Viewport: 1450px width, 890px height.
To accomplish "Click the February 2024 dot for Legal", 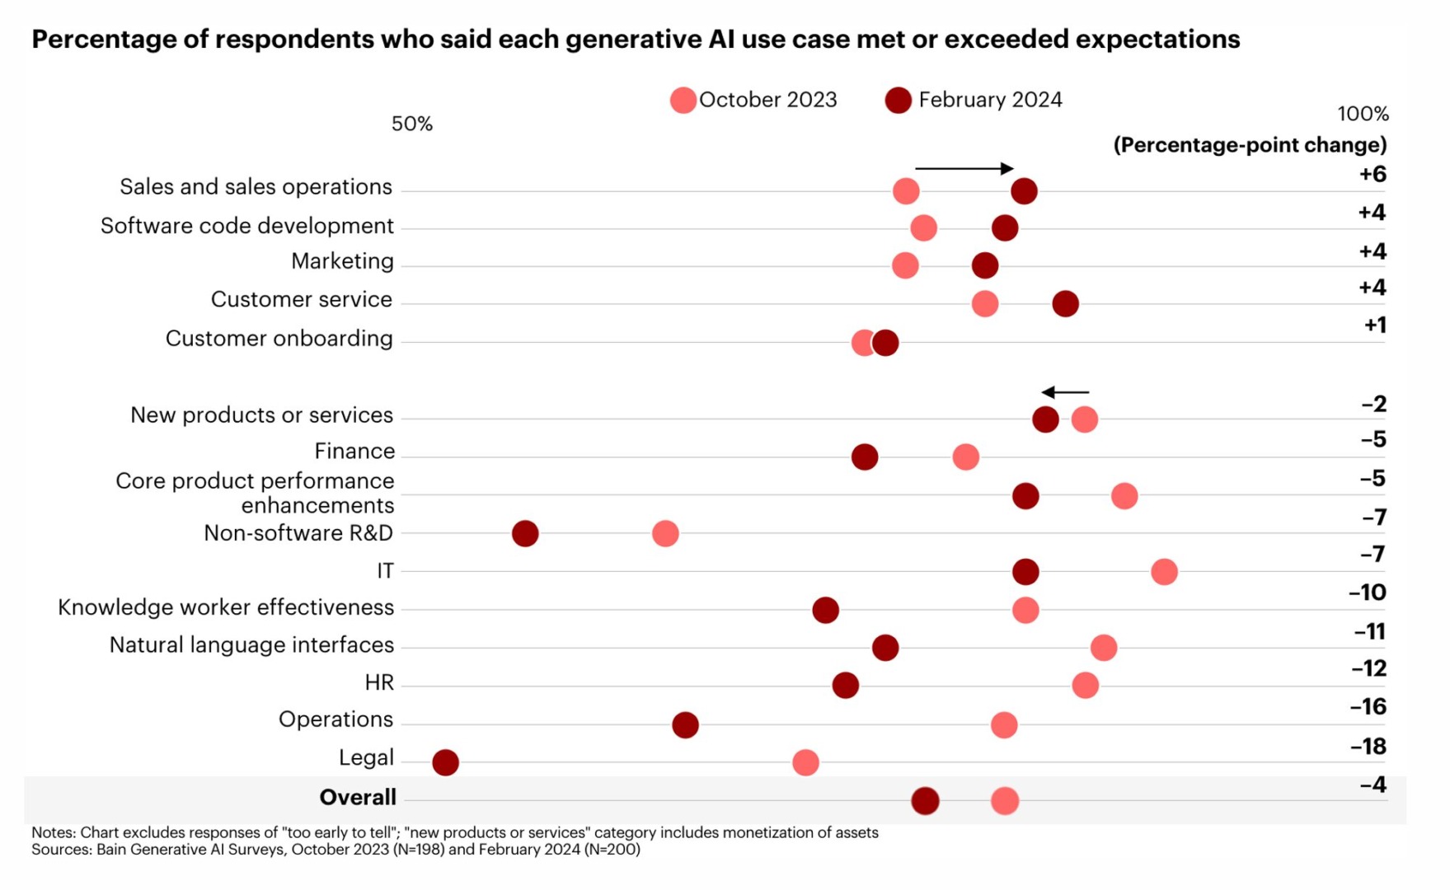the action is tap(445, 762).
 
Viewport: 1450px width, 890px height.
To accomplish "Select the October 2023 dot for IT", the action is tap(1164, 571).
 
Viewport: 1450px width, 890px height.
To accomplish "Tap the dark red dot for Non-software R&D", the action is tap(525, 533).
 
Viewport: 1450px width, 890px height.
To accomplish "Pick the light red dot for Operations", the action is tap(1004, 725).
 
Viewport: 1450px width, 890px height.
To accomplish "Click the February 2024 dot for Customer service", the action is tap(1065, 303).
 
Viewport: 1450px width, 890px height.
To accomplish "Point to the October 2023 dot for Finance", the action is tap(965, 457).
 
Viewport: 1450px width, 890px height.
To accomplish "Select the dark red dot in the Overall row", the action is tap(925, 800).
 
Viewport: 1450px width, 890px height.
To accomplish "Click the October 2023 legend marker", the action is tap(683, 101).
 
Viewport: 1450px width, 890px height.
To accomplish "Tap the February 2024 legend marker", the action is tap(898, 101).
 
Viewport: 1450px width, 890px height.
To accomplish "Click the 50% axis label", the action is tap(412, 124).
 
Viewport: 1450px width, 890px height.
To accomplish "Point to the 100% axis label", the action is tap(1363, 114).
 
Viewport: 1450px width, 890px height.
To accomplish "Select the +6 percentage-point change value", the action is tap(1373, 175).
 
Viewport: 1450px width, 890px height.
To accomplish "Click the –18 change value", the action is tap(1368, 747).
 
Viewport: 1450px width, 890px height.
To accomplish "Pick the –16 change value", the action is tap(1368, 707).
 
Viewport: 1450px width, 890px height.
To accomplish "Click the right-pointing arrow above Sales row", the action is tap(964, 168).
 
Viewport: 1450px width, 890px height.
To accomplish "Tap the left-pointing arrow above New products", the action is tap(1065, 392).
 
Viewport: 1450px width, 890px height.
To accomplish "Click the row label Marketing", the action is tap(342, 262).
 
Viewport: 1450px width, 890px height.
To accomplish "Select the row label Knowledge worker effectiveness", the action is tap(226, 608).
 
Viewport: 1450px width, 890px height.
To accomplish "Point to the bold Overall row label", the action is tap(358, 798).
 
